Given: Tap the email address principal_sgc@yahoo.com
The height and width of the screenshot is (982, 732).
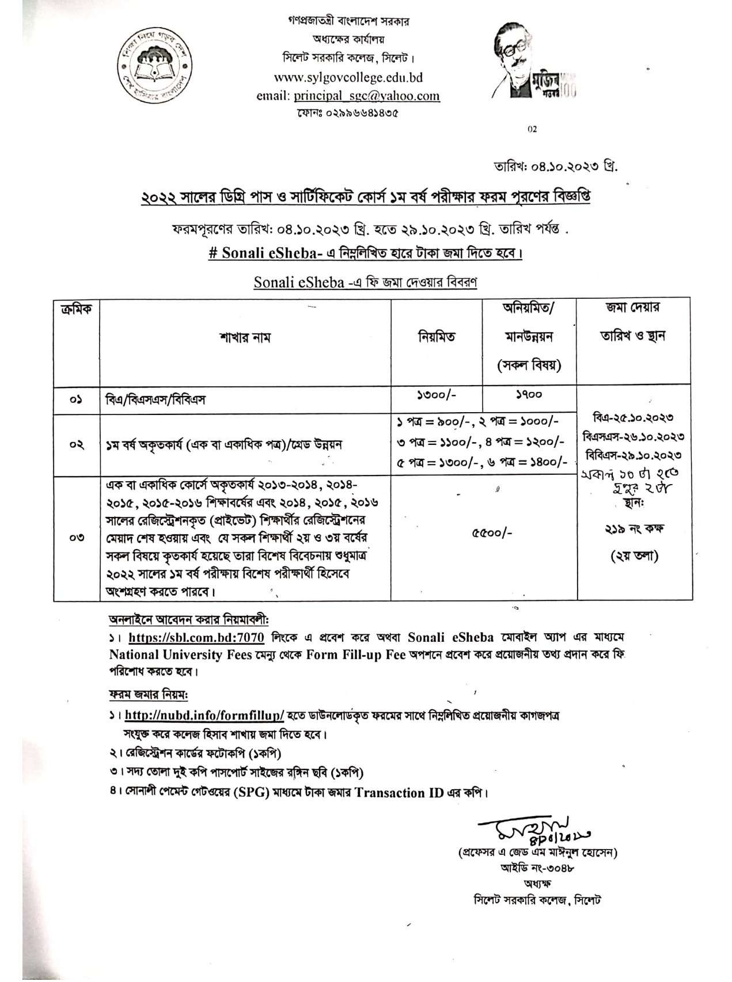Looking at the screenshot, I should [x=366, y=96].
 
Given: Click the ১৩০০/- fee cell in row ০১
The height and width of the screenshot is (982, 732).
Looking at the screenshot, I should [x=437, y=397].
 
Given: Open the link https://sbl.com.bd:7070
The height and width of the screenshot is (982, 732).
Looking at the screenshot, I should [x=196, y=638].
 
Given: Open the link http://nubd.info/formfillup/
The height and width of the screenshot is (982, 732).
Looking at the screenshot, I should [x=204, y=716].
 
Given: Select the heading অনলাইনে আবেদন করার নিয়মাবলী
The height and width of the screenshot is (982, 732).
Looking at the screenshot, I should [x=189, y=620].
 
